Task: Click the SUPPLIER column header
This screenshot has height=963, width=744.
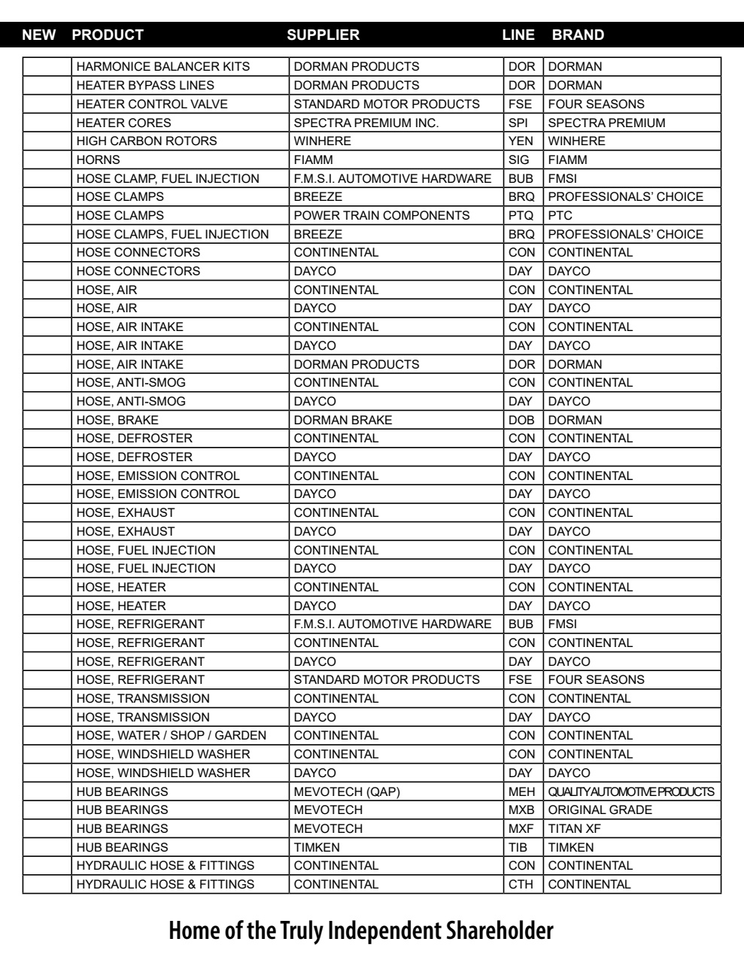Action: point(323,35)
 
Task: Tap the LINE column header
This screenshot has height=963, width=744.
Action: point(518,35)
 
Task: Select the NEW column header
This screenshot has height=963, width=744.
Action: point(39,35)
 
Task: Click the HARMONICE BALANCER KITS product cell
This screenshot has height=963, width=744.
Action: point(163,67)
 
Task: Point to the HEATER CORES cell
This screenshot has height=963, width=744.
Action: point(124,123)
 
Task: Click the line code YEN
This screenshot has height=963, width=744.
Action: point(521,141)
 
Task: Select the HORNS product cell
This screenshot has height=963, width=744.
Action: point(99,159)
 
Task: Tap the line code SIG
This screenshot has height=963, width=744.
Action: point(519,159)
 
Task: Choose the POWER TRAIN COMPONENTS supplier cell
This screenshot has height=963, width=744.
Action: point(381,215)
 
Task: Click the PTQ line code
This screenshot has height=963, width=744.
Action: point(521,215)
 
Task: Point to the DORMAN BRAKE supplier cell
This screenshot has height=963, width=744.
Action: point(343,420)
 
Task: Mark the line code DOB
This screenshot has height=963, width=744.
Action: point(521,420)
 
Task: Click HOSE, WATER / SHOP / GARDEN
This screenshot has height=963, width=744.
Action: point(172,735)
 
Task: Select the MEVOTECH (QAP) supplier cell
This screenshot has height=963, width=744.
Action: point(342,791)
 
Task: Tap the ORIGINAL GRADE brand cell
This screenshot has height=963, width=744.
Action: point(600,810)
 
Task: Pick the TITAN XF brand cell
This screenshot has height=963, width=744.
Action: point(575,828)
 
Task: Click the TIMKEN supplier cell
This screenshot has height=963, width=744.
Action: point(317,847)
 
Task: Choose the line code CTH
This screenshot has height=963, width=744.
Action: point(521,884)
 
